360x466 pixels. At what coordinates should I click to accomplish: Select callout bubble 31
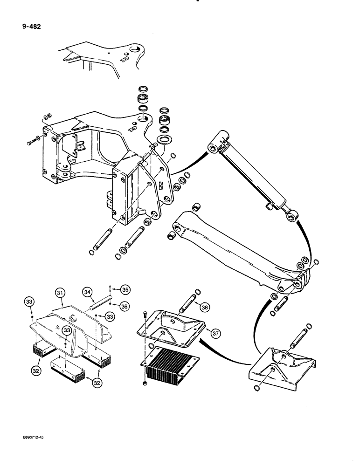59,292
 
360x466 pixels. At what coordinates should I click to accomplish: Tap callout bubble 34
87,292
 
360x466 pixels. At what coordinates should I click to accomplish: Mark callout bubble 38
204,306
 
